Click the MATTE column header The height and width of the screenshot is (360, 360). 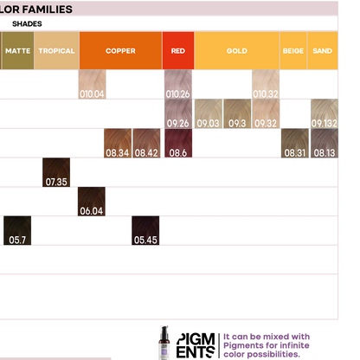[x=18, y=50]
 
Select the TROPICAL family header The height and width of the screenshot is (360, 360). [x=56, y=50]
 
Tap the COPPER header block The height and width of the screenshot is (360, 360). [x=120, y=50]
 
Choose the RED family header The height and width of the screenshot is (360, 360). [x=178, y=50]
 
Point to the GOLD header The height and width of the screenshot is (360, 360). [x=237, y=50]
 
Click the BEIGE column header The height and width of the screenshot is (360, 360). [x=293, y=50]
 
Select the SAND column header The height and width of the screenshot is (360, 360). [x=323, y=50]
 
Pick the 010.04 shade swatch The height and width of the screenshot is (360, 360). [x=92, y=84]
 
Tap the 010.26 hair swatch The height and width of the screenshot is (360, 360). [x=178, y=84]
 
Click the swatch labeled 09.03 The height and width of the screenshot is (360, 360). [x=209, y=113]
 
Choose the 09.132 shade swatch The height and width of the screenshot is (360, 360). [x=325, y=113]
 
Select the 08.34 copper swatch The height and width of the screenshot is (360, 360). [x=118, y=143]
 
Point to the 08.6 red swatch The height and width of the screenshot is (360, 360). [x=178, y=143]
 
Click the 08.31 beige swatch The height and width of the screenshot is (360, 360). [x=295, y=143]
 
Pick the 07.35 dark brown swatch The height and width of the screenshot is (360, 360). [x=56, y=172]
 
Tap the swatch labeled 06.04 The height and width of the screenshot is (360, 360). [x=92, y=202]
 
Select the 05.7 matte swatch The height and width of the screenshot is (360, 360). [x=17, y=230]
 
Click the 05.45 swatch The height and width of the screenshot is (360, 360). [x=145, y=230]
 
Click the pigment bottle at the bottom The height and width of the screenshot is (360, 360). [x=164, y=343]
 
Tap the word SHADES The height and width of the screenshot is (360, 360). [x=27, y=23]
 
